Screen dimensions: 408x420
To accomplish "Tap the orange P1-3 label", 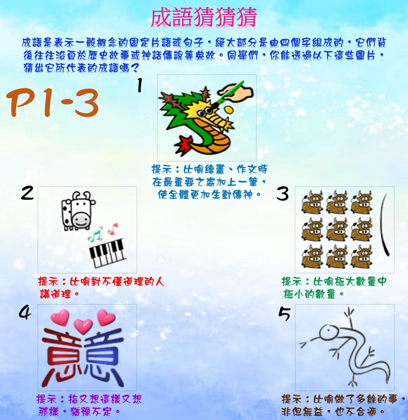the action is click(52, 103).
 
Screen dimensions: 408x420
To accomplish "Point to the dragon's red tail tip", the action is click(185, 144).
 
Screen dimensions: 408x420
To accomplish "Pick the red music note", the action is click(113, 229).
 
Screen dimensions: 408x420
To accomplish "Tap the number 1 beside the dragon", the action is click(140, 85).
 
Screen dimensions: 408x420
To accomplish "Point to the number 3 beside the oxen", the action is click(282, 193).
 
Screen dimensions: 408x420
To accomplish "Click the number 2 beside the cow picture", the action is click(27, 193).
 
